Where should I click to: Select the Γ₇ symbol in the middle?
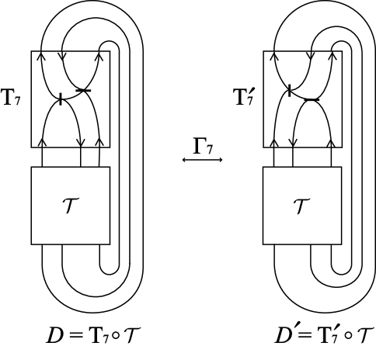[x=204, y=145]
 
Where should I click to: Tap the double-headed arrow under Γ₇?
[x=203, y=160]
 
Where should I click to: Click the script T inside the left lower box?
[x=71, y=206]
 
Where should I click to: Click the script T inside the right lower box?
[x=302, y=206]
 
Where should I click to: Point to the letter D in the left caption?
[x=55, y=336]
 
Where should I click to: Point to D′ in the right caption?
[x=285, y=336]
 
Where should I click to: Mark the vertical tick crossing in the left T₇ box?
[x=61, y=99]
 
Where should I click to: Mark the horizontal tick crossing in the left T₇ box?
[x=84, y=92]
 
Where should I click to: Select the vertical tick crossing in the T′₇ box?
[x=290, y=92]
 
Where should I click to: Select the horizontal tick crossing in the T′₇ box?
[x=312, y=99]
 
